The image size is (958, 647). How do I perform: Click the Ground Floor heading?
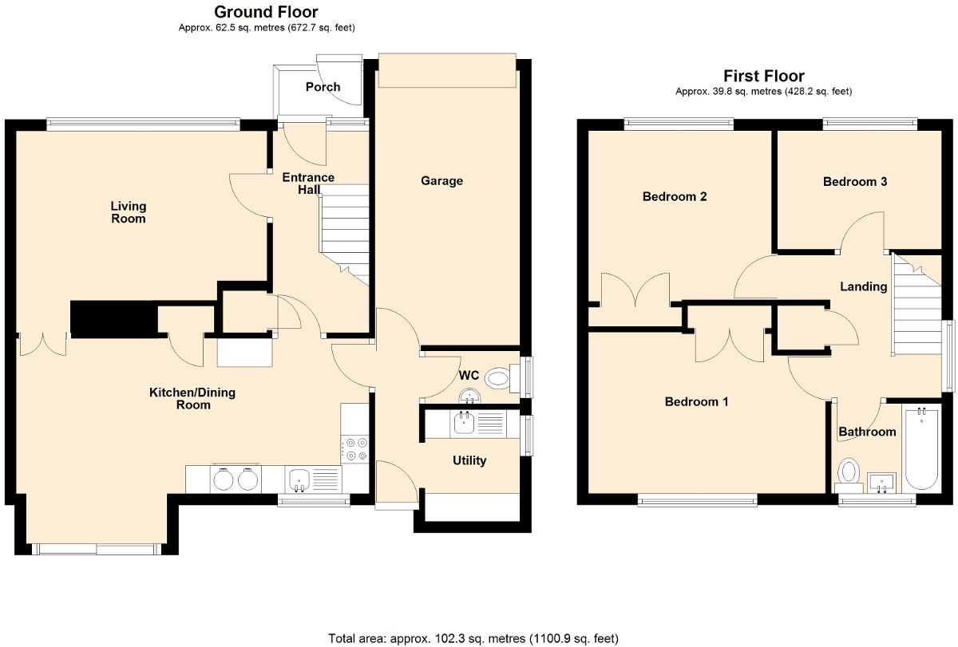tap(266, 12)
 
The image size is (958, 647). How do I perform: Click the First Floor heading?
tap(763, 76)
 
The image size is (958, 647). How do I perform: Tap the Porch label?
tap(323, 87)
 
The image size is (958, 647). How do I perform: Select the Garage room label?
tap(441, 181)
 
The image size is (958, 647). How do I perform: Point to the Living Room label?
tap(128, 212)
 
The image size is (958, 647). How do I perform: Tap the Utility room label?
tap(469, 460)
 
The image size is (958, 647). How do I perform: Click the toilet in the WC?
tap(498, 377)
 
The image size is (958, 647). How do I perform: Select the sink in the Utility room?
tap(464, 423)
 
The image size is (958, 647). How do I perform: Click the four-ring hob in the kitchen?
tap(354, 448)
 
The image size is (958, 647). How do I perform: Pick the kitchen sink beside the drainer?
tap(300, 479)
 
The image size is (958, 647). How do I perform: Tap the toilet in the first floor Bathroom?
tap(848, 472)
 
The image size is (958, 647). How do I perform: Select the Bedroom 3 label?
tap(855, 182)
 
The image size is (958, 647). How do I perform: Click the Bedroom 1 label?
tap(696, 402)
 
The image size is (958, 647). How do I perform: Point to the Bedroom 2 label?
tap(675, 197)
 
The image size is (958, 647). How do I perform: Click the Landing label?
tap(863, 286)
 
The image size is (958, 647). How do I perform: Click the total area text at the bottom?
tap(473, 638)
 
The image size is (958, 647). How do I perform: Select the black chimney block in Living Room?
tap(113, 318)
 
